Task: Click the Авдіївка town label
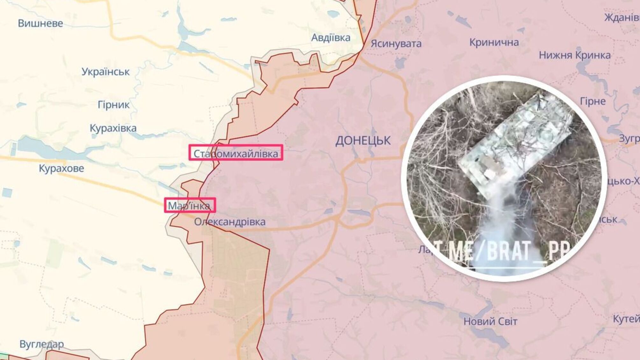pos(331,38)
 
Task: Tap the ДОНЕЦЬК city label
pos(363,140)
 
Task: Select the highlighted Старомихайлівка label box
pos(236,153)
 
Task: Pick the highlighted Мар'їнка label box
pos(190,205)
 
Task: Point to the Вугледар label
pos(42,344)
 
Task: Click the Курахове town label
pos(61,168)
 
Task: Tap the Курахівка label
pos(113,128)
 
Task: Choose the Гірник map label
pos(114,105)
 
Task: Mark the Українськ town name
pos(105,72)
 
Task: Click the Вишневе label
pos(40,23)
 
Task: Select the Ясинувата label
pos(396,44)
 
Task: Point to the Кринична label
pos(494,42)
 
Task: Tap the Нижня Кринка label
pos(575,55)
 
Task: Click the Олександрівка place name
pos(230,222)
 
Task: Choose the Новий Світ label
pos(490,321)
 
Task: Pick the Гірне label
pos(593,101)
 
